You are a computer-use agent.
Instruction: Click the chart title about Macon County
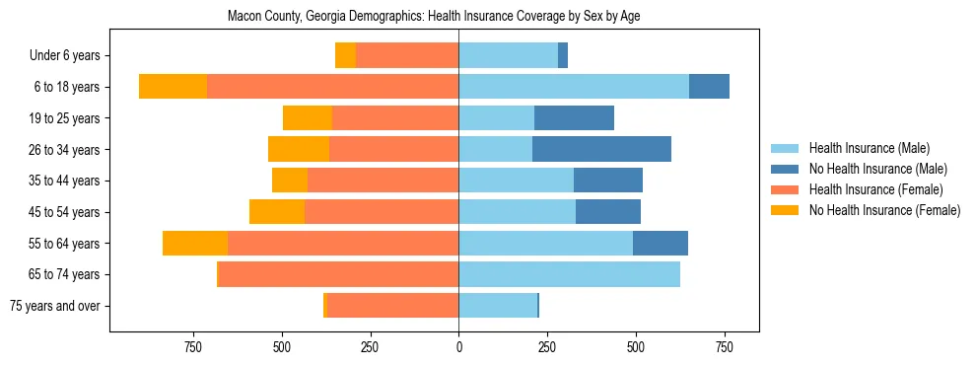434,17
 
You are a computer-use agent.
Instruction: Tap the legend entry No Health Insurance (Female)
884,210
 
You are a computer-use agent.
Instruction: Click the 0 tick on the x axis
458,347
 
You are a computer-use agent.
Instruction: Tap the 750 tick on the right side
724,347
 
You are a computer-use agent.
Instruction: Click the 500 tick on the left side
282,347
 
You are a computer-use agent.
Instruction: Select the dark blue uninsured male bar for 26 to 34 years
601,149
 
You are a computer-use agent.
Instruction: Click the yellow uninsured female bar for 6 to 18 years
173,87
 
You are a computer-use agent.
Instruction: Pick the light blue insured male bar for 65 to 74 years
569,274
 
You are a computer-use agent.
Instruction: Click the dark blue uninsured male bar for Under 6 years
563,55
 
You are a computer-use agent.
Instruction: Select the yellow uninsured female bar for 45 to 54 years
277,212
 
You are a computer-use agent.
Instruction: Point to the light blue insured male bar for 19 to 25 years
496,118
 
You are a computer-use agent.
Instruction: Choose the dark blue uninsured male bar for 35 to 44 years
608,181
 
